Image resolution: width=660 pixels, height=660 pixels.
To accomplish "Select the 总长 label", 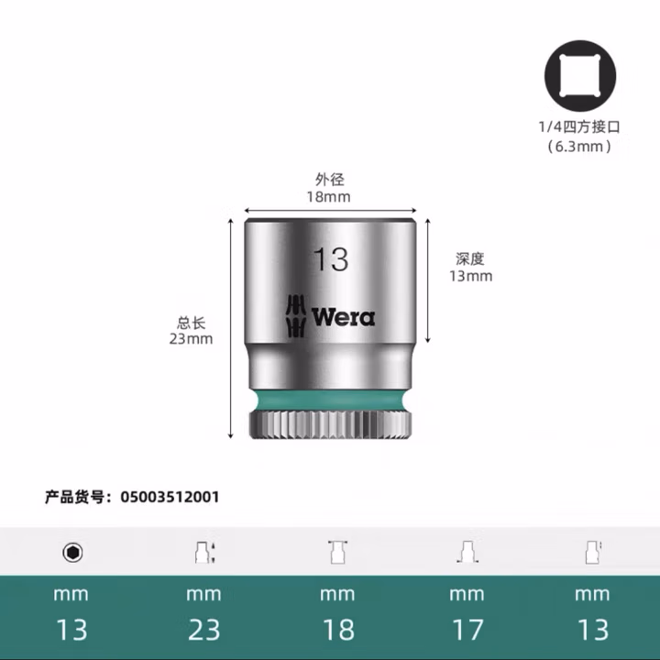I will coord(191,322).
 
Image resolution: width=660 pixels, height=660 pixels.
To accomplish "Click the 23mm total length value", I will coord(191,338).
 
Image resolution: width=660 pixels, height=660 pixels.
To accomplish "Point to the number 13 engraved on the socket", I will coord(330,259).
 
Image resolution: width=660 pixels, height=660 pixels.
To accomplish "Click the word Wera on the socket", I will coord(343,317).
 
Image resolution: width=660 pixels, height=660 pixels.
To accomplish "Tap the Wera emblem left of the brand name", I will coord(295,317).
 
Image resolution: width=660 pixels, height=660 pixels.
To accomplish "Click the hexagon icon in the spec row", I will coord(71,552).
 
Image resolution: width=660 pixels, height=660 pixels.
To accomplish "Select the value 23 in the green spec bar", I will coord(203,630).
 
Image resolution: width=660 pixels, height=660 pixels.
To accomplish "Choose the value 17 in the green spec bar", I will coord(466,630).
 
